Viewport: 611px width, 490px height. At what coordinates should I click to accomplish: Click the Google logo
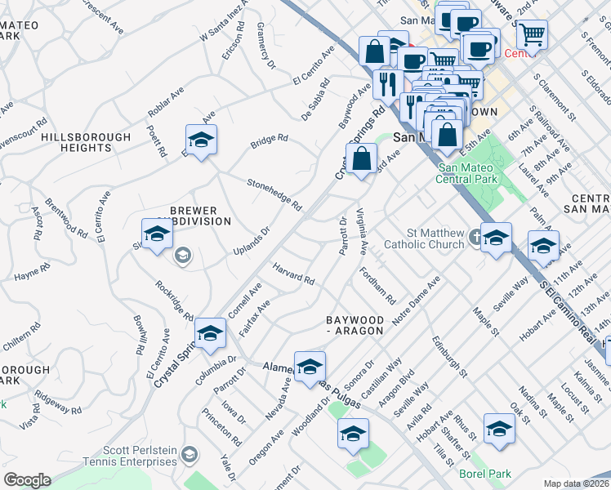click(27, 480)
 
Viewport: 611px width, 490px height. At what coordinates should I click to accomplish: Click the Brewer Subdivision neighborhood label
click(189, 216)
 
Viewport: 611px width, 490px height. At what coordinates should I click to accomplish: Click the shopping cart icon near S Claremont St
click(532, 33)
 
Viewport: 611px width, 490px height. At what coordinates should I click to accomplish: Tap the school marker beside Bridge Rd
click(201, 139)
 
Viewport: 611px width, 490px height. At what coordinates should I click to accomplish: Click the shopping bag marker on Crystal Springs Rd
click(360, 158)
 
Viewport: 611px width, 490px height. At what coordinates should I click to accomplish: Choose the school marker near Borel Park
click(499, 427)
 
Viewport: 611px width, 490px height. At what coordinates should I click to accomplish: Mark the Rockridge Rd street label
click(174, 301)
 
